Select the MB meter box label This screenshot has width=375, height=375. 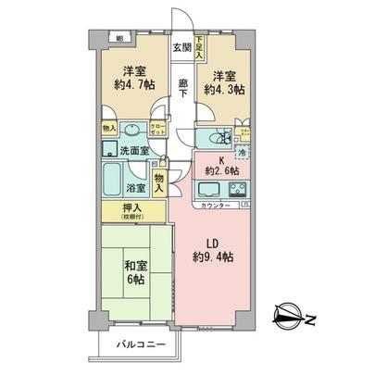pyautogui.click(x=119, y=38)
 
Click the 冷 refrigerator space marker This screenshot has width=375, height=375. pyautogui.click(x=243, y=153)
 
